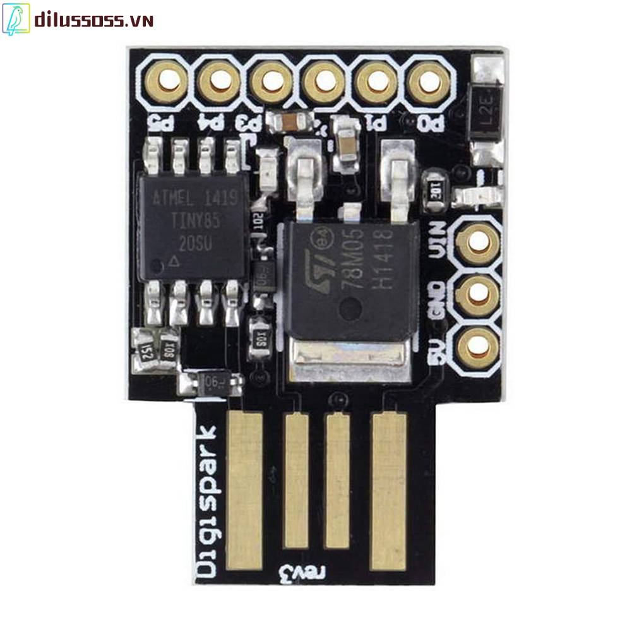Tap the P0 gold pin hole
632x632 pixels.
(428, 80)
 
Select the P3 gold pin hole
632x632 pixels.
(271, 80)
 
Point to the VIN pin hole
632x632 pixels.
(479, 241)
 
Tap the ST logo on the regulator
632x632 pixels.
(318, 262)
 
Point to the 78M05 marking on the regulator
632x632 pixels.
(361, 253)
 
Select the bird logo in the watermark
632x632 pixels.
(16, 20)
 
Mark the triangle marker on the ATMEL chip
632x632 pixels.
(176, 259)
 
